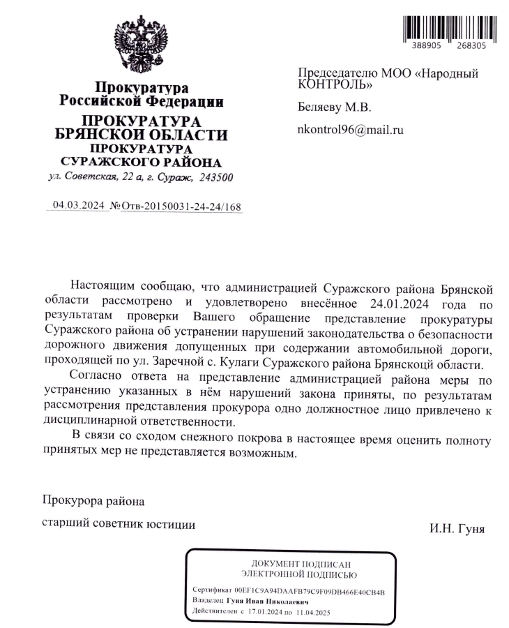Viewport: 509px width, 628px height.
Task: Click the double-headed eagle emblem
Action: (142, 48)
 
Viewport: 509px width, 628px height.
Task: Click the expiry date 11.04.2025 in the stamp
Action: (312, 612)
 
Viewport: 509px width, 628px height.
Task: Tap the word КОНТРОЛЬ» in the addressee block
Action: (335, 84)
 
